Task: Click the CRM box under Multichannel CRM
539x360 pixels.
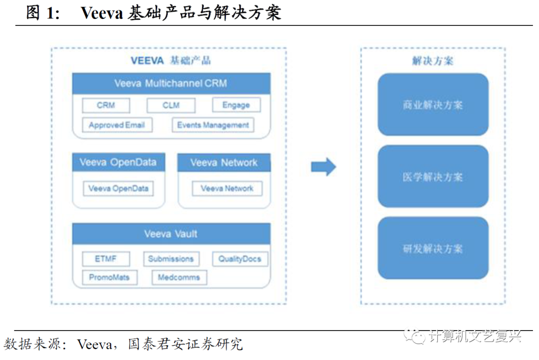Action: pyautogui.click(x=106, y=105)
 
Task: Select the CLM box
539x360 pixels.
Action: pyautogui.click(x=171, y=105)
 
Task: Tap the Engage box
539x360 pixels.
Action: pyautogui.click(x=236, y=105)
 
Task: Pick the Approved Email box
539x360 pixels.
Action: pyautogui.click(x=117, y=125)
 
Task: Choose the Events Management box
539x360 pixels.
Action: pyautogui.click(x=213, y=125)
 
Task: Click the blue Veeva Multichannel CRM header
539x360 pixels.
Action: pyautogui.click(x=171, y=83)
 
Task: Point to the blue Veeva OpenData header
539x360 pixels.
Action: pyautogui.click(x=118, y=163)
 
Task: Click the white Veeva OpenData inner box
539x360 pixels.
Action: pyautogui.click(x=118, y=188)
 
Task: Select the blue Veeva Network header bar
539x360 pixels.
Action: pyautogui.click(x=224, y=163)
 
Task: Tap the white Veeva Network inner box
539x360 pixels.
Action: pyautogui.click(x=227, y=188)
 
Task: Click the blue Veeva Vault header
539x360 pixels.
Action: pyautogui.click(x=171, y=234)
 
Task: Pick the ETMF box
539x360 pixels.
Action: pyautogui.click(x=105, y=259)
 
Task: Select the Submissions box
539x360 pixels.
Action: pyautogui.click(x=171, y=259)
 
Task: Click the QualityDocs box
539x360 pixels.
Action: pyautogui.click(x=240, y=259)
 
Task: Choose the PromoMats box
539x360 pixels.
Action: pyautogui.click(x=109, y=277)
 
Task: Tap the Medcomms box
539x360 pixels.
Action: pyautogui.click(x=179, y=277)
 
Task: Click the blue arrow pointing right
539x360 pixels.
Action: pyautogui.click(x=323, y=167)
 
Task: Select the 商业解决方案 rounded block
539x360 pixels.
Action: pyautogui.click(x=433, y=105)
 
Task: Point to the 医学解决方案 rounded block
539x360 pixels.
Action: pyautogui.click(x=433, y=177)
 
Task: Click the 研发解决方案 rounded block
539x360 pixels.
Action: pyautogui.click(x=433, y=248)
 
